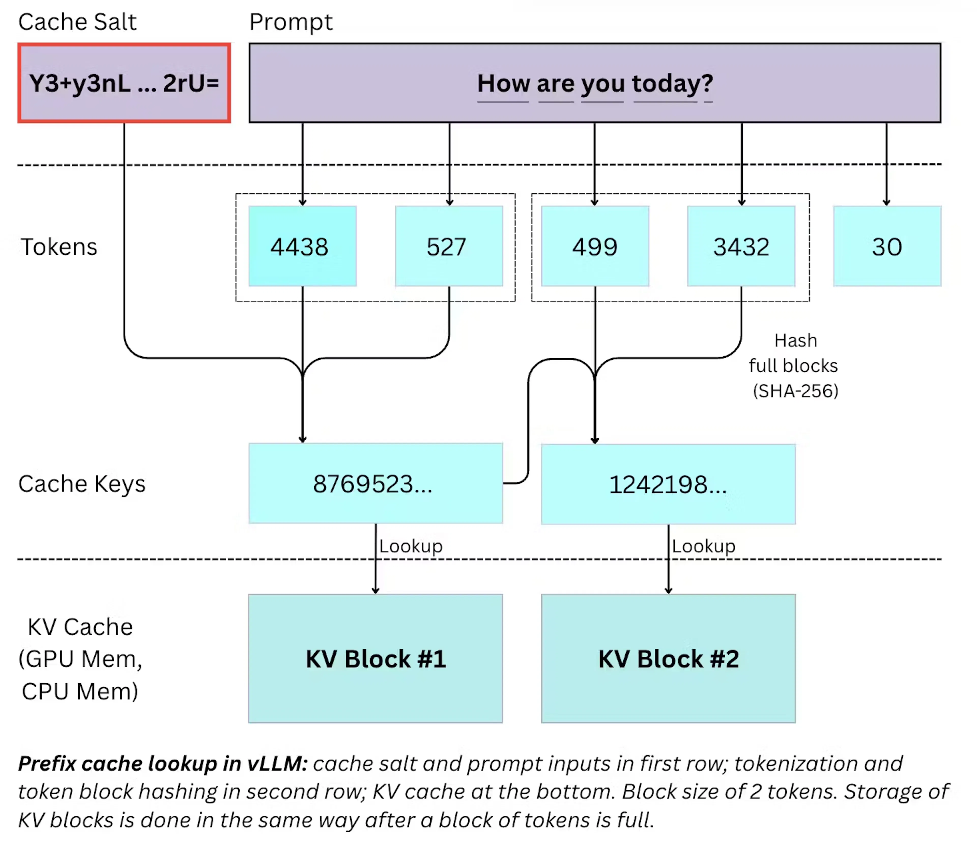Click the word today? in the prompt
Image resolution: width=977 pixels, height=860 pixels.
672,84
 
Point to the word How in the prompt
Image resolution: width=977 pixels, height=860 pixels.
503,84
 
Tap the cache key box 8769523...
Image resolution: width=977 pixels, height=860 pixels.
375,483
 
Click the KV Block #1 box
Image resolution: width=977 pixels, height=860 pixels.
375,658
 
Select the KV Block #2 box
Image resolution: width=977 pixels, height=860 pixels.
668,658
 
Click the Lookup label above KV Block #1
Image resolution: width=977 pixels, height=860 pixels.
411,546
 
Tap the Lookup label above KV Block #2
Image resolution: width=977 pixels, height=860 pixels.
703,546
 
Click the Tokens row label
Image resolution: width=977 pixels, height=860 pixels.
59,247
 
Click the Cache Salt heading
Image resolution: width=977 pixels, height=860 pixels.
77,22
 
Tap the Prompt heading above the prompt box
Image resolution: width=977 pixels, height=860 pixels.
291,22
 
